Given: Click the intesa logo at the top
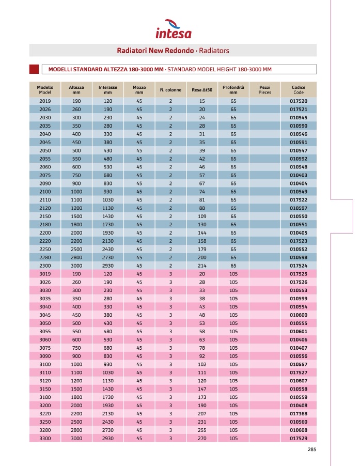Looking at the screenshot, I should pos(174,30).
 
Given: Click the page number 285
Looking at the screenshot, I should pos(311,449).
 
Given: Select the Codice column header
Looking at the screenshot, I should pos(299,89).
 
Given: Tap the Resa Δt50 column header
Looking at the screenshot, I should pos(202,90).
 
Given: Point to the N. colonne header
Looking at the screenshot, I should pos(170,90).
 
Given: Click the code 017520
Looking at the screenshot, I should pos(299,101).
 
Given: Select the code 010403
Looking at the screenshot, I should pos(299,175).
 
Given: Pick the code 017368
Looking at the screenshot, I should pos(299,413).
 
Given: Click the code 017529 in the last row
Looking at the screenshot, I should pos(299,438).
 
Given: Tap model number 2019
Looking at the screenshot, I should pos(45,101).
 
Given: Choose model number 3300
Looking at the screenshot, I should pos(45,438).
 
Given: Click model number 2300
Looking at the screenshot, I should pos(45,265).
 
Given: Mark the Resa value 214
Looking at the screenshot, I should pos(202,265).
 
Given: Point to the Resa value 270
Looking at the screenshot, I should pos(202,438).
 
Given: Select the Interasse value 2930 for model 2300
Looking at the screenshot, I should pos(108,265).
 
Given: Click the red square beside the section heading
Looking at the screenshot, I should pos(34,69).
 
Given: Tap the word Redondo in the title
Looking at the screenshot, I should pos(179,51).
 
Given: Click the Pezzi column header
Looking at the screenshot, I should pos(264,89).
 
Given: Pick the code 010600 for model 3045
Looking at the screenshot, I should pos(299,315).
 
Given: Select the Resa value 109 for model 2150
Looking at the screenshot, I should pos(202,216).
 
